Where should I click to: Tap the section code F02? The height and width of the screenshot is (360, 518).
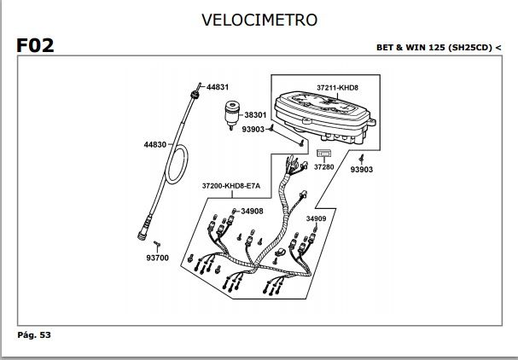click(x=35, y=45)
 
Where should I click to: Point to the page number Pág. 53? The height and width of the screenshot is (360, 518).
click(x=35, y=335)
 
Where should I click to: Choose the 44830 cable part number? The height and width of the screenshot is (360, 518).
click(x=155, y=145)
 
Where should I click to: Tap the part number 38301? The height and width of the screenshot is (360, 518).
click(x=257, y=114)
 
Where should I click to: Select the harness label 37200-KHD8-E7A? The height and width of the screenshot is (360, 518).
click(x=231, y=185)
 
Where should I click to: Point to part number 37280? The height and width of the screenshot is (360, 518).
click(x=323, y=167)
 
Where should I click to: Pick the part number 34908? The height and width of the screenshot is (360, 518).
click(x=252, y=211)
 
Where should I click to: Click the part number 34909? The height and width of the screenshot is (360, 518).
click(x=317, y=218)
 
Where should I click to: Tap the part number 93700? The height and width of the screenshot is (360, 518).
click(x=158, y=258)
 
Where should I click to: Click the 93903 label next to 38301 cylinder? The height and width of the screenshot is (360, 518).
click(x=253, y=130)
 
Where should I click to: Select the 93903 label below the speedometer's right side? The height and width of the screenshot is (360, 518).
click(x=362, y=170)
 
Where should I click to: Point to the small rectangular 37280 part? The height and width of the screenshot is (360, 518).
click(x=323, y=154)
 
